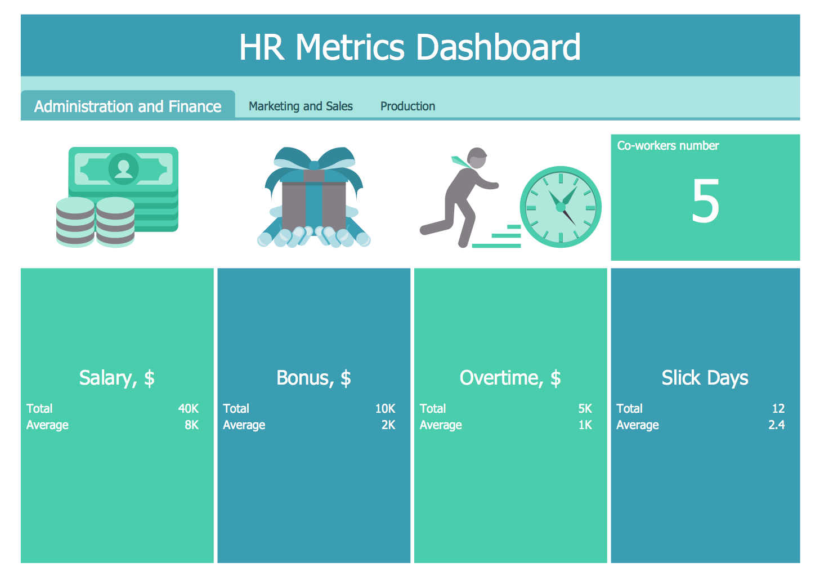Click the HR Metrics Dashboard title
(410, 47)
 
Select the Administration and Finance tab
(128, 106)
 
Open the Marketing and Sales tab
(301, 106)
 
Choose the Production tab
(407, 106)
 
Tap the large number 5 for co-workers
(705, 201)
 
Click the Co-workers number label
(668, 146)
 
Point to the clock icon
(561, 207)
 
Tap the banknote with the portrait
(123, 168)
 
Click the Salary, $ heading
(117, 378)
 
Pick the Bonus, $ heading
(313, 378)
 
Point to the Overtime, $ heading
(510, 378)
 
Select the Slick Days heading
(705, 378)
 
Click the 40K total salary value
(189, 409)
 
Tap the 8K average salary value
(191, 425)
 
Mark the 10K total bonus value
(385, 409)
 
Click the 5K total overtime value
(585, 409)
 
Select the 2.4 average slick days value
(776, 425)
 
